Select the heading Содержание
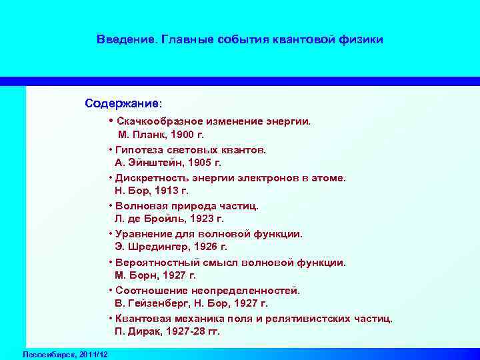tap(122, 104)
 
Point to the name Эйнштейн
tap(155, 162)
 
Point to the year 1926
tap(202, 246)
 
